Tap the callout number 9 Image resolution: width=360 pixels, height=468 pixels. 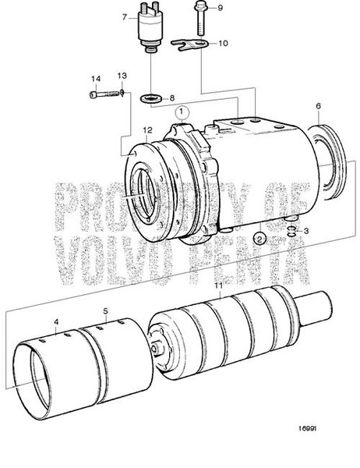tap(220, 8)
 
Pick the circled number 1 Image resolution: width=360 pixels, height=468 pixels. tap(181, 112)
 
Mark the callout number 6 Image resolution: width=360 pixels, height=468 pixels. tap(318, 105)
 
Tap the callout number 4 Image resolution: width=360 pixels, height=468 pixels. tap(56, 321)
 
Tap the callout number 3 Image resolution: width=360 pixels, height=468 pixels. tap(306, 231)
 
